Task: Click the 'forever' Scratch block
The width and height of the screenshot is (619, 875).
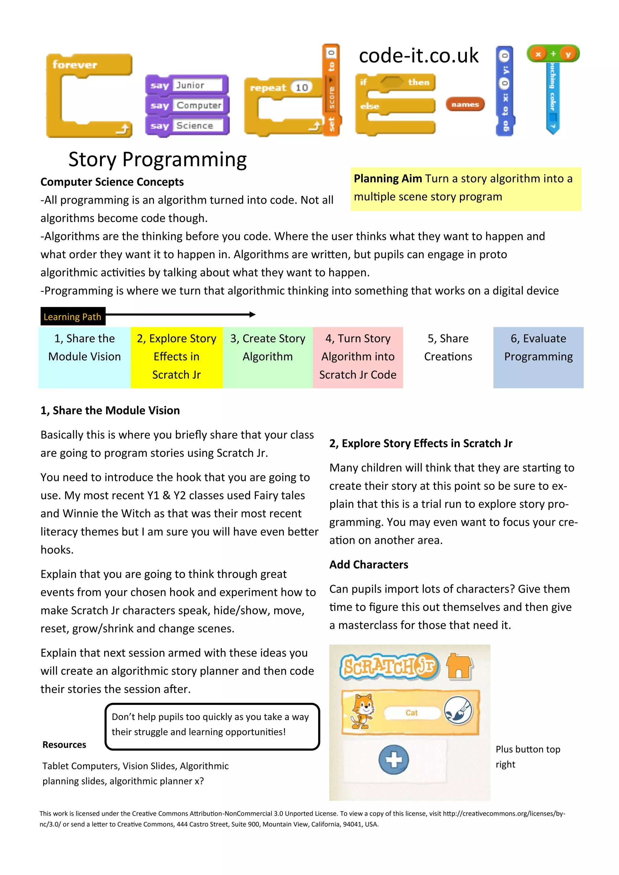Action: click(x=75, y=65)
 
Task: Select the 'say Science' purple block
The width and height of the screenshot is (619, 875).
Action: click(x=186, y=126)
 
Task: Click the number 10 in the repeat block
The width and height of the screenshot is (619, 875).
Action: click(x=302, y=88)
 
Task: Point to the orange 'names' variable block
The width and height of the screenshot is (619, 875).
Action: click(x=465, y=105)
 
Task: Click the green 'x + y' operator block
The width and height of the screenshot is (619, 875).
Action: click(x=553, y=54)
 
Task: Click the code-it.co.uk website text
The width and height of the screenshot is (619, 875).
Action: click(x=419, y=56)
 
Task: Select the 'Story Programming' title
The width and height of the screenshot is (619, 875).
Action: click(x=157, y=159)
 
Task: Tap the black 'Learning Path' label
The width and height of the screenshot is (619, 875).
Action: click(x=73, y=317)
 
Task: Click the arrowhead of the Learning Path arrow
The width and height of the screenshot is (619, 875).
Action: click(x=252, y=315)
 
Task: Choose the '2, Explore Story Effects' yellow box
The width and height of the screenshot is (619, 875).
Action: click(x=177, y=357)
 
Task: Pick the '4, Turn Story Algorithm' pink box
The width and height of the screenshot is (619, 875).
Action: click(x=358, y=357)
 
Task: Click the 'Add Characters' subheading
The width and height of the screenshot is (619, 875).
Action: click(x=368, y=564)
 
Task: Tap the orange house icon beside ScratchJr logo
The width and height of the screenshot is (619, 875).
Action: click(x=459, y=667)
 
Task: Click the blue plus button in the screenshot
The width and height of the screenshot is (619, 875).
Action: click(x=394, y=760)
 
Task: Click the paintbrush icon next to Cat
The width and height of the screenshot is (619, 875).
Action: click(x=459, y=711)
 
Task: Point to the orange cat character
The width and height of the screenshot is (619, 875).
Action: click(x=362, y=711)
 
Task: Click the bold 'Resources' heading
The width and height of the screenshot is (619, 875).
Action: click(x=64, y=745)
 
